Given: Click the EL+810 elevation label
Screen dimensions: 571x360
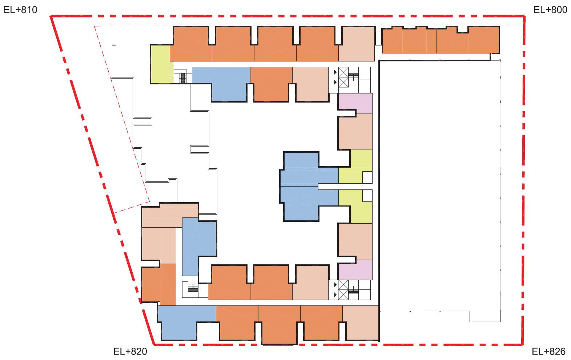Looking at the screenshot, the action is (x=20, y=10).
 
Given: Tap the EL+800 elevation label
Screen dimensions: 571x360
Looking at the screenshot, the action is (x=550, y=10).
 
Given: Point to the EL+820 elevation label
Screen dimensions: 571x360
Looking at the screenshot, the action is (x=130, y=352).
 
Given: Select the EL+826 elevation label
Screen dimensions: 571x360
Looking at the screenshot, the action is (x=548, y=352).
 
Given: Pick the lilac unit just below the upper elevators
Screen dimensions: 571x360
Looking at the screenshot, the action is (x=355, y=103).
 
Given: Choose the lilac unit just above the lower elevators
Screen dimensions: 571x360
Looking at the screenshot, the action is (x=355, y=270).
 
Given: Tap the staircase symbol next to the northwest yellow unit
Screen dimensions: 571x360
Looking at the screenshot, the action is (x=182, y=78).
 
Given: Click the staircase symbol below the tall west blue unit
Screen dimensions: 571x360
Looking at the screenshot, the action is (x=193, y=288).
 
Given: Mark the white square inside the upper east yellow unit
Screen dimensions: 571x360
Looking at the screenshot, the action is (x=367, y=177).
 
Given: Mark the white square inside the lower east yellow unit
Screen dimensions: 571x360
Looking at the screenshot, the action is (x=367, y=196).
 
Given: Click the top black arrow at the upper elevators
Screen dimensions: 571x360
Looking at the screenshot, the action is (x=335, y=72).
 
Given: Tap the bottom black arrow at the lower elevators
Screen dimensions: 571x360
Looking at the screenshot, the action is (x=335, y=295).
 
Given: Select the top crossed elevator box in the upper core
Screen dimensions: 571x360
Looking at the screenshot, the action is (x=343, y=72).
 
